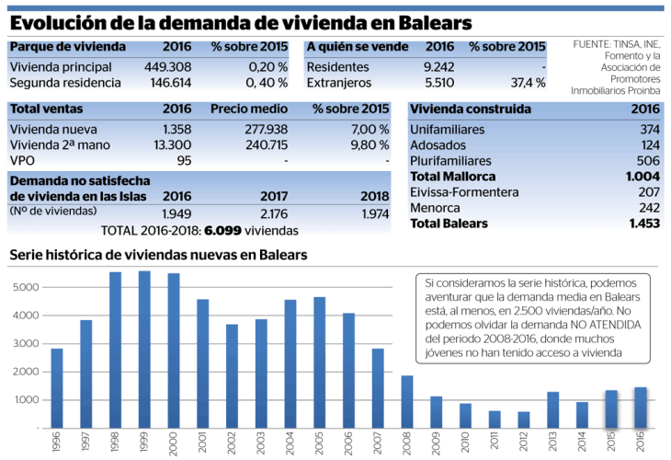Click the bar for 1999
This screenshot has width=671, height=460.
coord(144,350)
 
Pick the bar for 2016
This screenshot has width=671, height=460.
coord(640,407)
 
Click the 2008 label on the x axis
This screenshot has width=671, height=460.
coord(407,443)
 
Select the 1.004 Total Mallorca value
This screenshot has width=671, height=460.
coord(643,176)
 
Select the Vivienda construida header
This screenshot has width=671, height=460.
coord(471,109)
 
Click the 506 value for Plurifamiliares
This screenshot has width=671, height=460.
coord(648,160)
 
